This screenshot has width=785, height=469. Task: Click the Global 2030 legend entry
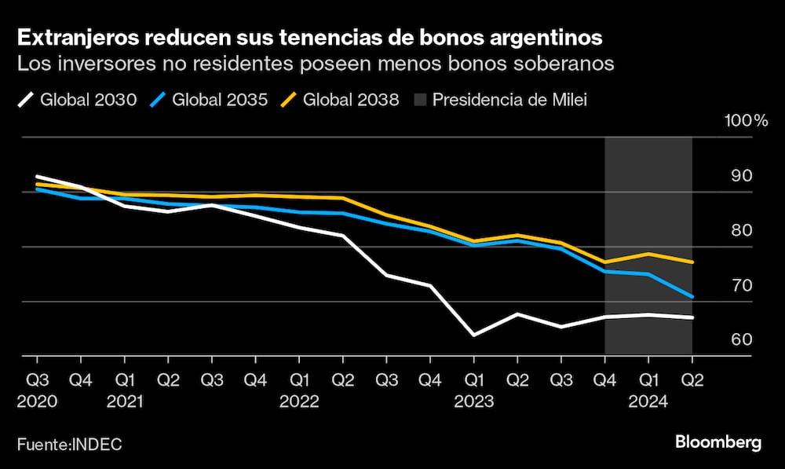tap(77, 100)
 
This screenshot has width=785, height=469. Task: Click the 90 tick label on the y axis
tap(742, 176)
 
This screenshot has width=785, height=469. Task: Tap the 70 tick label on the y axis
tap(742, 285)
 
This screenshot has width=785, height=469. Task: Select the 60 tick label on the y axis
tap(742, 340)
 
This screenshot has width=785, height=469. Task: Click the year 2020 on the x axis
tap(37, 401)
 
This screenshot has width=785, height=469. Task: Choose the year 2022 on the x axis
tap(299, 401)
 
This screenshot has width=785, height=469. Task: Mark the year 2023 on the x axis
tap(473, 401)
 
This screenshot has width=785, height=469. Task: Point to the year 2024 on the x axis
tap(648, 401)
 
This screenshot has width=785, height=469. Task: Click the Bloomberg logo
tap(718, 442)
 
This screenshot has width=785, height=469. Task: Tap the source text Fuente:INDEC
tap(70, 444)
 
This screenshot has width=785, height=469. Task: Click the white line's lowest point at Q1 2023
tap(473, 335)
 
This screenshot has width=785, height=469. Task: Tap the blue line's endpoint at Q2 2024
tap(692, 297)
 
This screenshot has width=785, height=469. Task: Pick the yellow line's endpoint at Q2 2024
tap(692, 262)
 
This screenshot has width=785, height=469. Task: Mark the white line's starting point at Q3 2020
tap(37, 177)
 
